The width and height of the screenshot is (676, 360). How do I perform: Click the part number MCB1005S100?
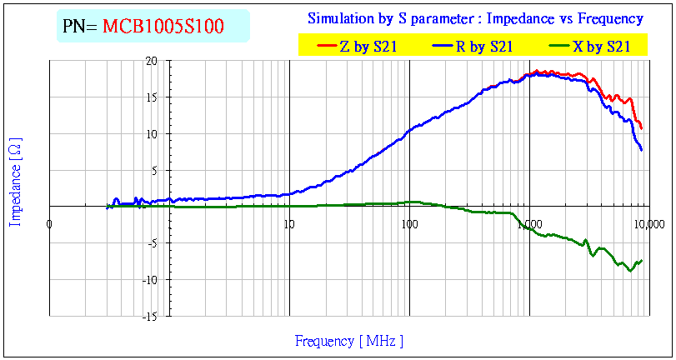(x=163, y=27)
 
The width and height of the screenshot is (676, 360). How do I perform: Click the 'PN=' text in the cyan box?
(x=81, y=27)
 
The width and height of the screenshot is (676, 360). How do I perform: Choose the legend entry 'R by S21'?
(x=483, y=47)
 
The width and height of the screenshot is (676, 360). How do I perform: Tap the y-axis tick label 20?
(x=151, y=61)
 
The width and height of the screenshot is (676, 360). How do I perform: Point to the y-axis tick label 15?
(x=151, y=97)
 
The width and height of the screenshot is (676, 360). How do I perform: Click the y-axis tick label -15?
(x=148, y=317)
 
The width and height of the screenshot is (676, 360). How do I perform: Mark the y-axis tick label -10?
(x=148, y=280)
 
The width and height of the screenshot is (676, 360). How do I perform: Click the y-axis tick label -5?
(x=151, y=243)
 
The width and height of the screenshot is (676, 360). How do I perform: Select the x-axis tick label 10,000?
(x=649, y=223)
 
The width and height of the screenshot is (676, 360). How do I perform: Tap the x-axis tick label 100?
(x=409, y=223)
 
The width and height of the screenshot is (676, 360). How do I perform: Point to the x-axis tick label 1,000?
(x=529, y=223)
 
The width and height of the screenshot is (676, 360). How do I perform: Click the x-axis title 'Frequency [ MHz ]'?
(x=349, y=340)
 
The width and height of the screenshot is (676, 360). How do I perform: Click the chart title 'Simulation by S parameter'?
(x=475, y=18)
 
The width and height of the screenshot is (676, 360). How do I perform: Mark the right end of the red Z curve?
(x=642, y=128)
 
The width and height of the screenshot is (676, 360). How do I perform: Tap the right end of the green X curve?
(x=642, y=261)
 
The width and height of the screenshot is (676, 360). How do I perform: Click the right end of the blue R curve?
(x=642, y=150)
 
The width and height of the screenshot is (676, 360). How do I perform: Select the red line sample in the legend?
(x=323, y=47)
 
